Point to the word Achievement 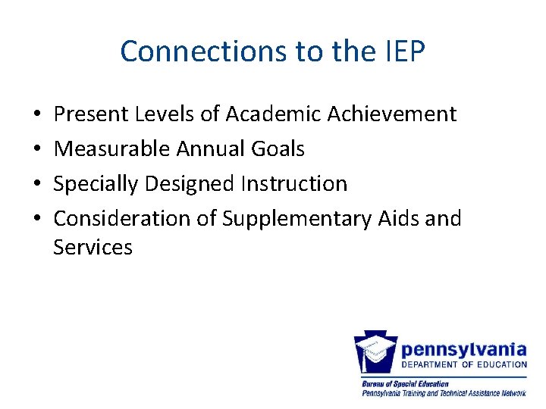tap(392, 114)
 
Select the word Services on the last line tap(93, 248)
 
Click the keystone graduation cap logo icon tap(376, 353)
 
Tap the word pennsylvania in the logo tap(463, 349)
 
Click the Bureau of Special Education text tap(405, 384)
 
